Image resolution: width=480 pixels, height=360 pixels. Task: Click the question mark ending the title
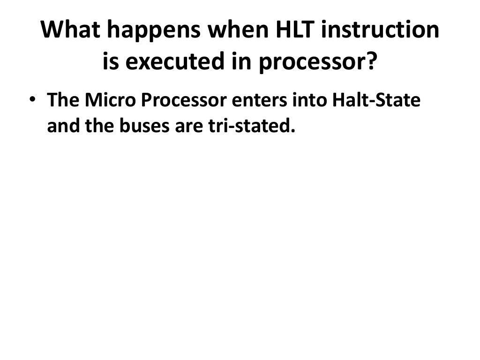click(x=371, y=61)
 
